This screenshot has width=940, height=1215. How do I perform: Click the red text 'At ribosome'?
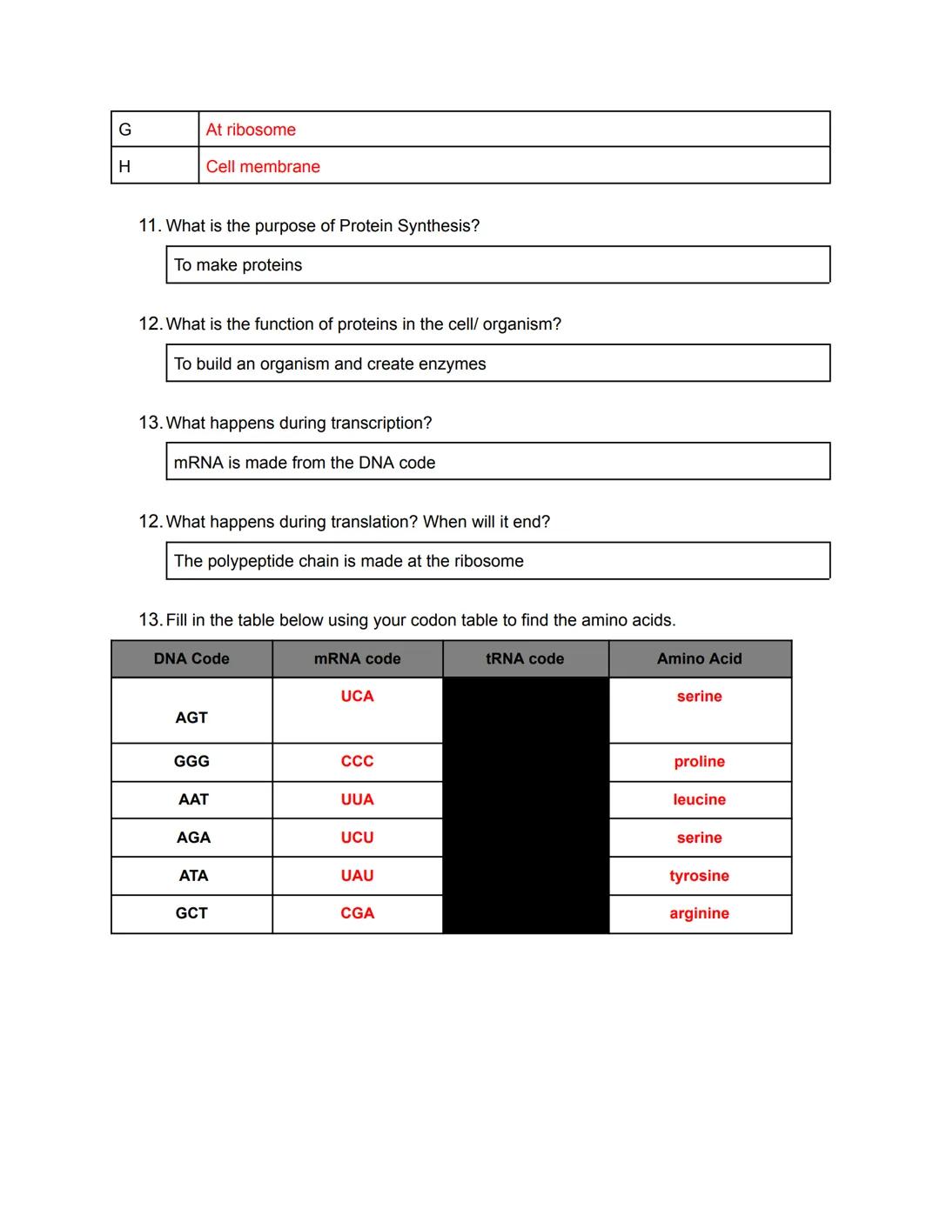[x=251, y=130]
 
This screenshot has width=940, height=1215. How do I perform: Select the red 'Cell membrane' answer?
[x=263, y=166]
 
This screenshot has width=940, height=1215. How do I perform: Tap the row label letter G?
[x=124, y=130]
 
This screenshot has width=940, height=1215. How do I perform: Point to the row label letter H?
[x=124, y=166]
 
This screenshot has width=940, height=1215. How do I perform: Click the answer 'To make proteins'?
[x=238, y=265]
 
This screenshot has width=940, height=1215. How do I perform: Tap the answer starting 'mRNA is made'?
[x=304, y=463]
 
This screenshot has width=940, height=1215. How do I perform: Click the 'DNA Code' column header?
[x=191, y=658]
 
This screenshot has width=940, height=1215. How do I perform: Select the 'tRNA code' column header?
[x=525, y=658]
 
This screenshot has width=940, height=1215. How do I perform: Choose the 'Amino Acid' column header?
[x=699, y=658]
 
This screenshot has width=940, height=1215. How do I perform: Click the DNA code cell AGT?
[x=191, y=718]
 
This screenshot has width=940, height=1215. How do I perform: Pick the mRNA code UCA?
[x=357, y=696]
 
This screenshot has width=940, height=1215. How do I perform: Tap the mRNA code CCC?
[x=357, y=761]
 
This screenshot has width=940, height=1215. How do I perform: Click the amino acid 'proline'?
[x=699, y=761]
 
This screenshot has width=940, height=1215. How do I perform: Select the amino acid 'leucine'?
[x=699, y=799]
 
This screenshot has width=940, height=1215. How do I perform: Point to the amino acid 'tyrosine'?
[x=699, y=876]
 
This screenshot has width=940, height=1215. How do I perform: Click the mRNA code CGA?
[x=357, y=913]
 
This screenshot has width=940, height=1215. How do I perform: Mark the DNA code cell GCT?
[x=191, y=913]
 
